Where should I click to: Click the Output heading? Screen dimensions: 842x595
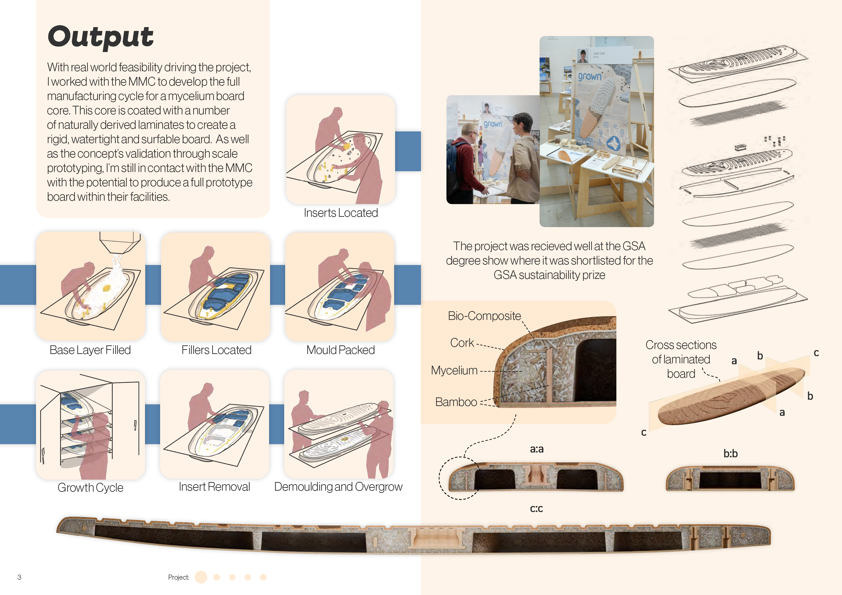[x=101, y=37]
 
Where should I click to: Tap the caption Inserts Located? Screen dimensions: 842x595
[x=341, y=213]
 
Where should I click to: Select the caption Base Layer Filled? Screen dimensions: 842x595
[x=90, y=350]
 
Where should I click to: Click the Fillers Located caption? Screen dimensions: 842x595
[x=216, y=350]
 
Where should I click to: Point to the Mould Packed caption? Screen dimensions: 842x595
[x=341, y=350]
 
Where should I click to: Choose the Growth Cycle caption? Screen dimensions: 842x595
[x=90, y=488]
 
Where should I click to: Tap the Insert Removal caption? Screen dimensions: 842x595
[x=215, y=487]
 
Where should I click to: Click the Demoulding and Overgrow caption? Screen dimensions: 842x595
[x=338, y=487]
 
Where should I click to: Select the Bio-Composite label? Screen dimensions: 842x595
[x=484, y=316]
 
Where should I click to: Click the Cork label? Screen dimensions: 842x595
[x=462, y=343]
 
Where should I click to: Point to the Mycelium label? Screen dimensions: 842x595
[x=454, y=371]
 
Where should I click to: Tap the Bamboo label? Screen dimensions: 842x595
[x=456, y=402]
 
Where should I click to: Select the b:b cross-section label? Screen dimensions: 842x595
[x=730, y=454]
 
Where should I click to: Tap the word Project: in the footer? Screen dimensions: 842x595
[x=179, y=577]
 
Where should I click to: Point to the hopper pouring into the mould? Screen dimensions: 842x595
[x=120, y=242]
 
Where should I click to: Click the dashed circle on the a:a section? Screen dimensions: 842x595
[x=460, y=478]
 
